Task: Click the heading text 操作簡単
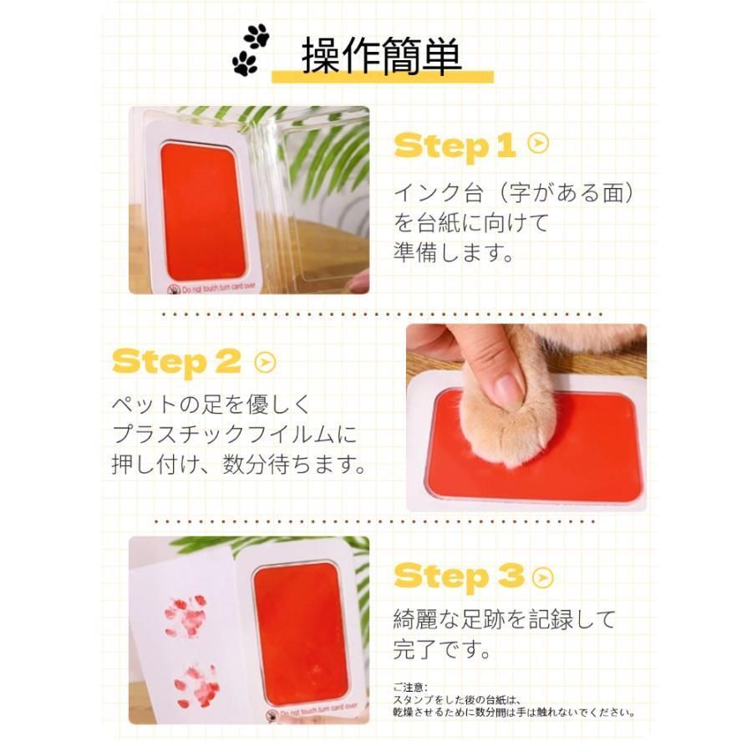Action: point(381,56)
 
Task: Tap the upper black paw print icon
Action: point(257,35)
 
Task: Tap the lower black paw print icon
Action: point(245,64)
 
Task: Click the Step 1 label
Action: point(455,145)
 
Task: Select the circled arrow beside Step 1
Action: point(538,143)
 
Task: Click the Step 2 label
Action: point(176,363)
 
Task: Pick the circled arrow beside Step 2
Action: point(265,363)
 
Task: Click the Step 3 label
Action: point(459,577)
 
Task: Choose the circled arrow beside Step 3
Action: point(543,577)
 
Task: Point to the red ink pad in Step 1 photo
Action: point(203,211)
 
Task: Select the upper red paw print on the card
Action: point(185,616)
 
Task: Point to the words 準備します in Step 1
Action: point(454,252)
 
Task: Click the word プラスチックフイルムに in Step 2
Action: point(235,434)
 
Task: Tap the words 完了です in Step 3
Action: point(442,649)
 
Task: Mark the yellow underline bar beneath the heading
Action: point(383,77)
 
